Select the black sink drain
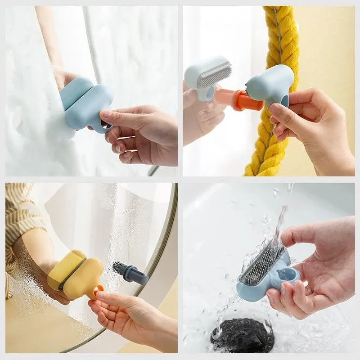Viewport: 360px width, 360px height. click(x=243, y=335)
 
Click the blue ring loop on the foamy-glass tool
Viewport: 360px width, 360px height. click(x=105, y=127)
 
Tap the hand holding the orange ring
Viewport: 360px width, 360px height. click(x=130, y=315)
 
